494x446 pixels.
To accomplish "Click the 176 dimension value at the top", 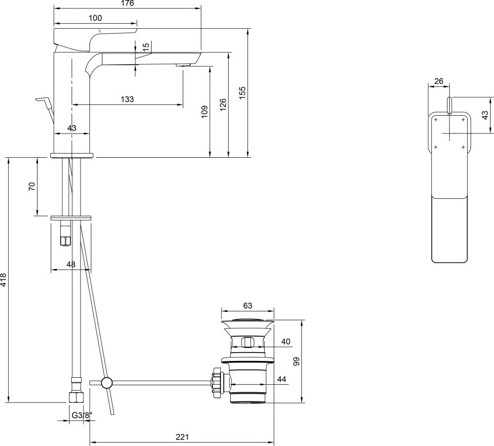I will [x=127, y=3].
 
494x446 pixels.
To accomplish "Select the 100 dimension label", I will [x=95, y=18].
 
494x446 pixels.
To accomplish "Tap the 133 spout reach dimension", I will [x=127, y=99].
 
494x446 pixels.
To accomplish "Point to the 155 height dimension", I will [x=242, y=92].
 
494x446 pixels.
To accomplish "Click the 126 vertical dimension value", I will [x=223, y=104].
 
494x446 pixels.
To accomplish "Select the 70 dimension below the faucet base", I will [x=32, y=186].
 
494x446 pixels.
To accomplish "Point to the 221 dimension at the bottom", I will [x=182, y=437].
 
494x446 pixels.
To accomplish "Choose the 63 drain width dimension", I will [x=247, y=305].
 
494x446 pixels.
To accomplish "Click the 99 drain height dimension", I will [x=296, y=361].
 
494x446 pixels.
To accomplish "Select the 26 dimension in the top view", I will [x=439, y=81].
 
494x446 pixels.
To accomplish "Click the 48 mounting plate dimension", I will [x=71, y=265].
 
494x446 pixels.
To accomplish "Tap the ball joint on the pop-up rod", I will [x=107, y=382].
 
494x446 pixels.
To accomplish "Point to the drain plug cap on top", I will [x=247, y=321].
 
